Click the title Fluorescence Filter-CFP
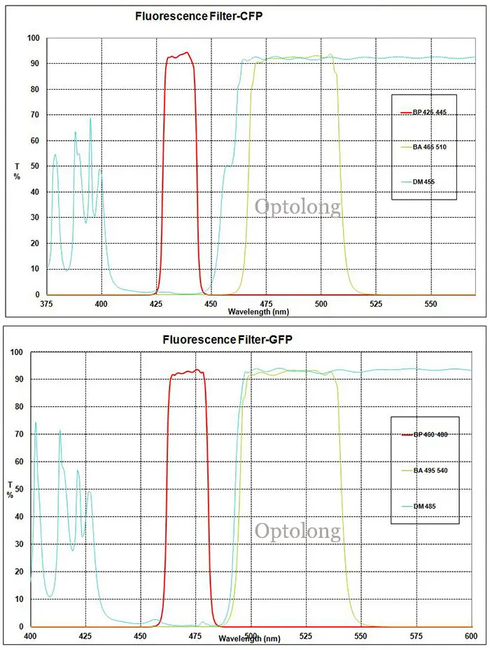(199, 15)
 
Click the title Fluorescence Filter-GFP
(227, 339)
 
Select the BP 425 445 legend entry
(423, 112)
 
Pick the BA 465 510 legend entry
(423, 147)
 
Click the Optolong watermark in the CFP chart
(297, 207)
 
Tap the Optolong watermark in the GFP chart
(297, 531)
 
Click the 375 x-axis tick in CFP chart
(47, 305)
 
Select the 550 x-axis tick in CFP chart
(430, 305)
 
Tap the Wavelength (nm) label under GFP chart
(249, 638)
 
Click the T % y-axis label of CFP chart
(17, 170)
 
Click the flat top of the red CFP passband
(179, 55)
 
